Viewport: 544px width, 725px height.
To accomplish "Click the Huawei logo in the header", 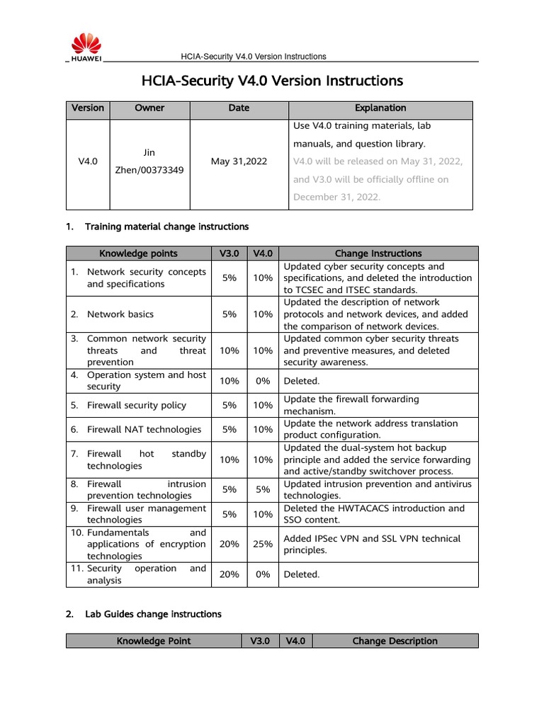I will pyautogui.click(x=85, y=47).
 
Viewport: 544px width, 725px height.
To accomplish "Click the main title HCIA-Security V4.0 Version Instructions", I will pyautogui.click(x=272, y=81).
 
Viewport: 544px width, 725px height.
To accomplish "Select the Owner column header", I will pyautogui.click(x=149, y=108).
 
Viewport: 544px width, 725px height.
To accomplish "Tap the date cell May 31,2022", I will pyautogui.click(x=239, y=161).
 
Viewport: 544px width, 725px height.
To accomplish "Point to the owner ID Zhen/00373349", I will pyautogui.click(x=149, y=171).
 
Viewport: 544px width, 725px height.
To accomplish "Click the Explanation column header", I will pyautogui.click(x=380, y=108).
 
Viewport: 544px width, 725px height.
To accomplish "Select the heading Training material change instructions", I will pyautogui.click(x=166, y=227).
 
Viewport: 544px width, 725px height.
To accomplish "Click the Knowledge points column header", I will pyautogui.click(x=138, y=253).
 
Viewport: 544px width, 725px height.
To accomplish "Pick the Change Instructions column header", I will pyautogui.click(x=378, y=253).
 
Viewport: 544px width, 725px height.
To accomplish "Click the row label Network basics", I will pyautogui.click(x=120, y=314).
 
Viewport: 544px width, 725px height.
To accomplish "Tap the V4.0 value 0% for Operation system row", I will pyautogui.click(x=263, y=381).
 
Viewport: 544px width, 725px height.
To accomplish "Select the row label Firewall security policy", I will pyautogui.click(x=136, y=406).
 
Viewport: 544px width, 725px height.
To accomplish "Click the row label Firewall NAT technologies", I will pyautogui.click(x=144, y=430).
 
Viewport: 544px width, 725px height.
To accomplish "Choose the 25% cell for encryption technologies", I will pyautogui.click(x=263, y=544).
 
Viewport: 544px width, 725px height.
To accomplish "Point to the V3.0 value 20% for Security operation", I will pyautogui.click(x=229, y=575).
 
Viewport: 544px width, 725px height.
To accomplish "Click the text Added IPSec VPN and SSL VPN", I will pyautogui.click(x=372, y=539).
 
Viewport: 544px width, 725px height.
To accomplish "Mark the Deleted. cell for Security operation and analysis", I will pyautogui.click(x=302, y=575).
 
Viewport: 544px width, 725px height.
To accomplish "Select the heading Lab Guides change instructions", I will pyautogui.click(x=153, y=615).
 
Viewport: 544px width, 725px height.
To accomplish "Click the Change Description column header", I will pyautogui.click(x=395, y=641).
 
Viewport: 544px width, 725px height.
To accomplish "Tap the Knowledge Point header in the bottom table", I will pyautogui.click(x=154, y=641).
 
